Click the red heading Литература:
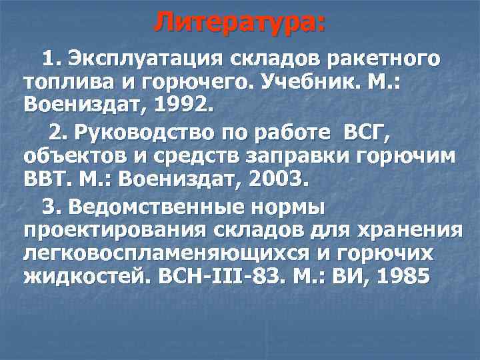pyautogui.click(x=240, y=22)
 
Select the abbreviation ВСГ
pyautogui.click(x=366, y=135)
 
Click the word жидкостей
pyautogui.click(x=88, y=277)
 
